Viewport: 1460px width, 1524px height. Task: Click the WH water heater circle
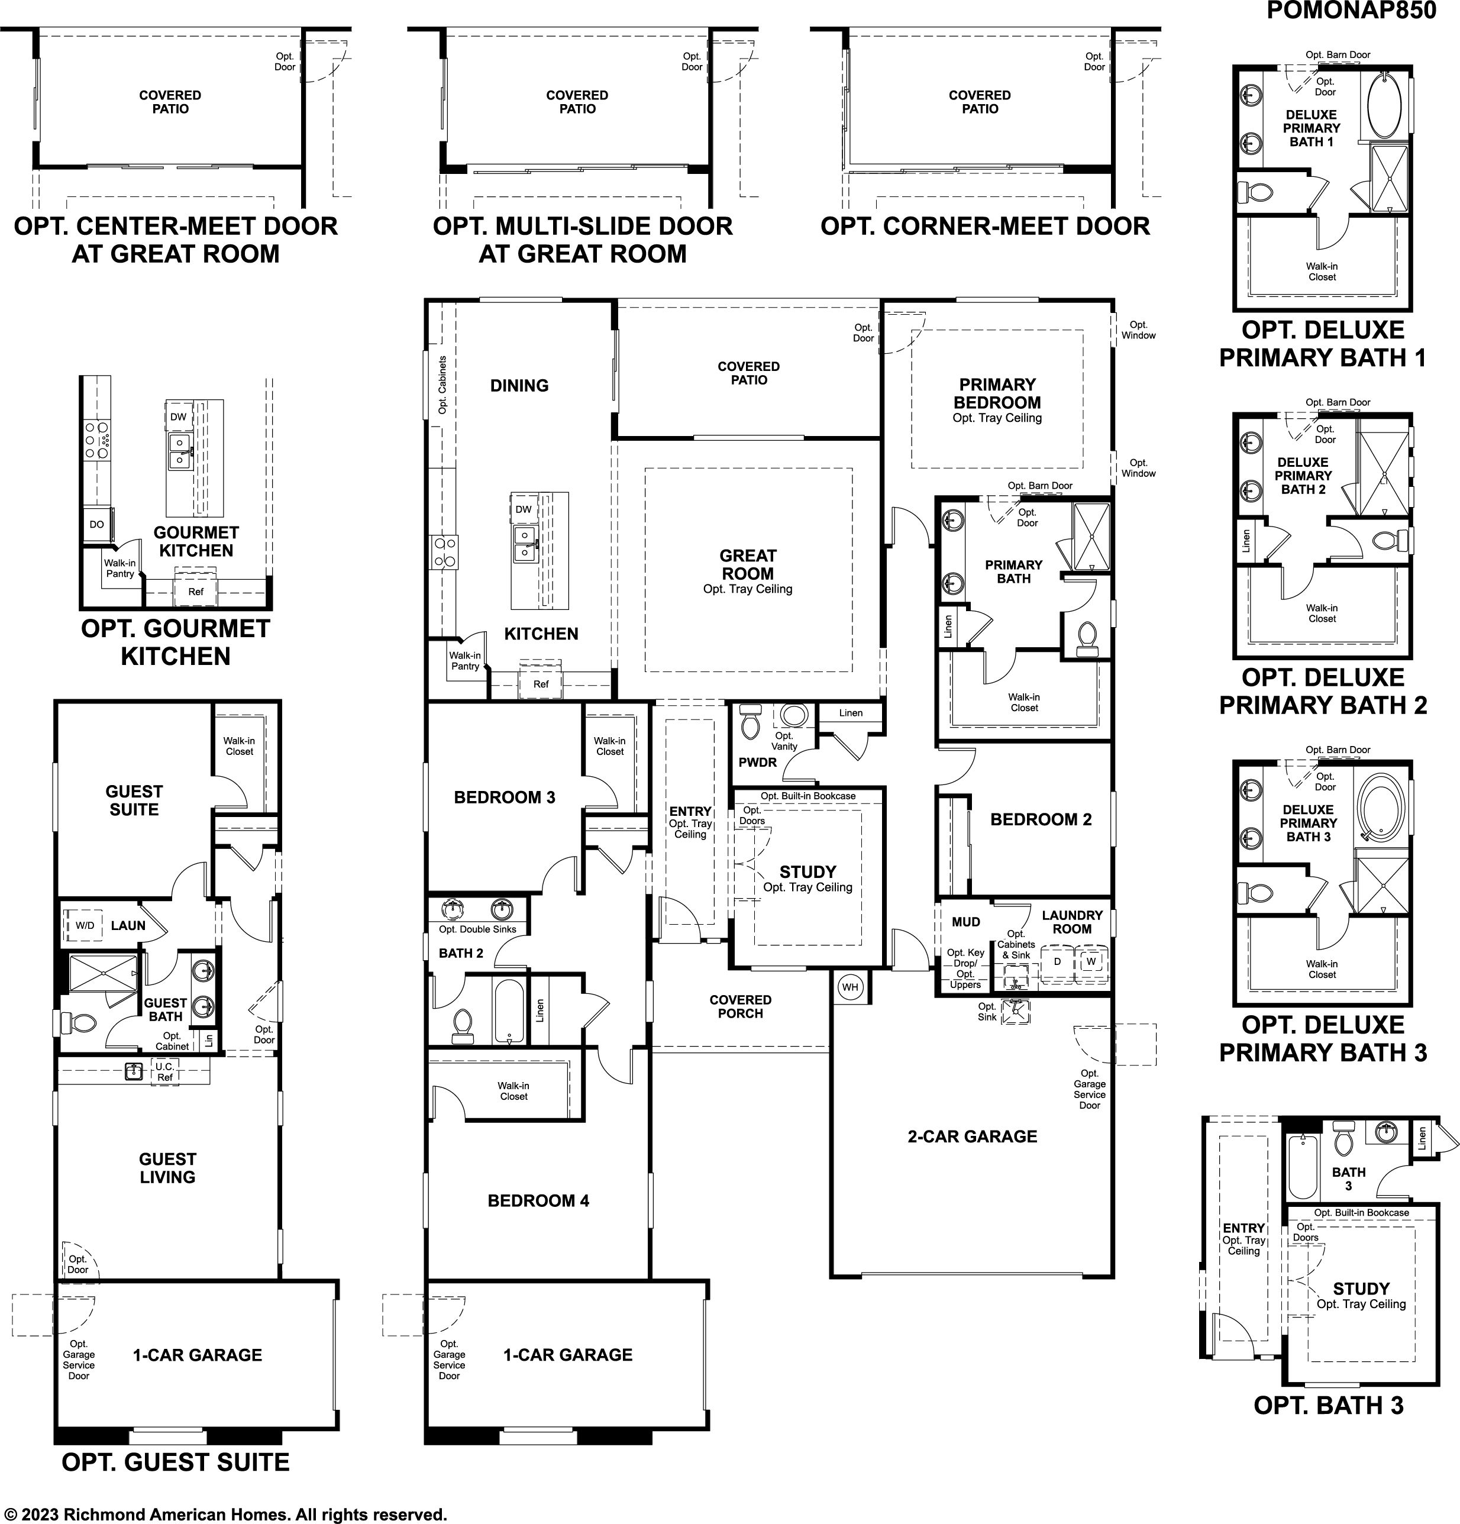click(x=849, y=987)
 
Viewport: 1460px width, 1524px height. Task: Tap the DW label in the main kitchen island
click(x=523, y=509)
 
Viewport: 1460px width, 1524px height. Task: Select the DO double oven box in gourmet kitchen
click(x=97, y=524)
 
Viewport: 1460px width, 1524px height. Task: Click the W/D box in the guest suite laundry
click(x=85, y=925)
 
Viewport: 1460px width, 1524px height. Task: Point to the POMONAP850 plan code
click(x=1352, y=10)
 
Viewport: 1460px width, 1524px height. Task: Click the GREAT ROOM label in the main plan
click(x=748, y=564)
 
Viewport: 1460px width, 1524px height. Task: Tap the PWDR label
click(x=757, y=763)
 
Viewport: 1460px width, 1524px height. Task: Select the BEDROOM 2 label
click(x=1041, y=819)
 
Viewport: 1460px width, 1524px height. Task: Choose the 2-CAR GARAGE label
click(x=973, y=1136)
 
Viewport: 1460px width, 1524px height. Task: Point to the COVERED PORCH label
click(x=740, y=1007)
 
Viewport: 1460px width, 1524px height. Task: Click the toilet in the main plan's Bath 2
click(x=463, y=1026)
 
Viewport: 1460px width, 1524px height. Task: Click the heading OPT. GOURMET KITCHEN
click(x=176, y=642)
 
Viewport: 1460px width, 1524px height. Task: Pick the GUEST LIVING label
click(x=167, y=1168)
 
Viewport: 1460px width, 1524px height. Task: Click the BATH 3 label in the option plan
click(x=1348, y=1178)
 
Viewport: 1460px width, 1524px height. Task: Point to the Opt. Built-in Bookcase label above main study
click(x=807, y=796)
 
